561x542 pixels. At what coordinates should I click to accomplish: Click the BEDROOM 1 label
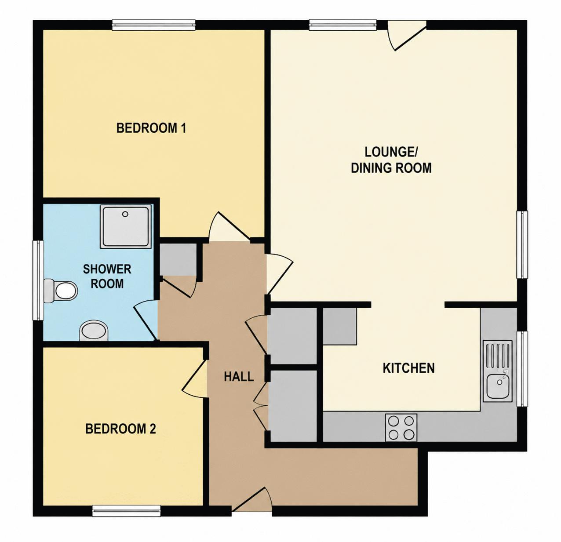(151, 128)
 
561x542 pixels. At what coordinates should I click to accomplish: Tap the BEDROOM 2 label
(120, 429)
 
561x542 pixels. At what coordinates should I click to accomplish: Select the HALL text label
(239, 377)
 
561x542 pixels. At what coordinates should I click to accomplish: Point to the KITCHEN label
(408, 368)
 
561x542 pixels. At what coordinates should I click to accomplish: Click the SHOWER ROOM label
(107, 276)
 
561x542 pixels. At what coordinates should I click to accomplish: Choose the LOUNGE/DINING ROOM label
(391, 160)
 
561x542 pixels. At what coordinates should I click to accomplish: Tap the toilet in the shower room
(61, 291)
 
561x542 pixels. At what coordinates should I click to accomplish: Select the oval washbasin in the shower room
(94, 331)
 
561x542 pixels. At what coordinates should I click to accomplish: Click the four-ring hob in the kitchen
(401, 428)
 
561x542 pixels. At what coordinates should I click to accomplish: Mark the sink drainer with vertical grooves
(499, 355)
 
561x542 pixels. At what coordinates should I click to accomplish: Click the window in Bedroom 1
(153, 25)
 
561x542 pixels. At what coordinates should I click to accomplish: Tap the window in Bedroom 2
(127, 511)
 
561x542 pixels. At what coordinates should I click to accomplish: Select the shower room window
(38, 280)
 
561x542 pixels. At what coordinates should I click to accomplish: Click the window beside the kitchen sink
(522, 369)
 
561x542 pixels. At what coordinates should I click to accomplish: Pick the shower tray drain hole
(125, 214)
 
